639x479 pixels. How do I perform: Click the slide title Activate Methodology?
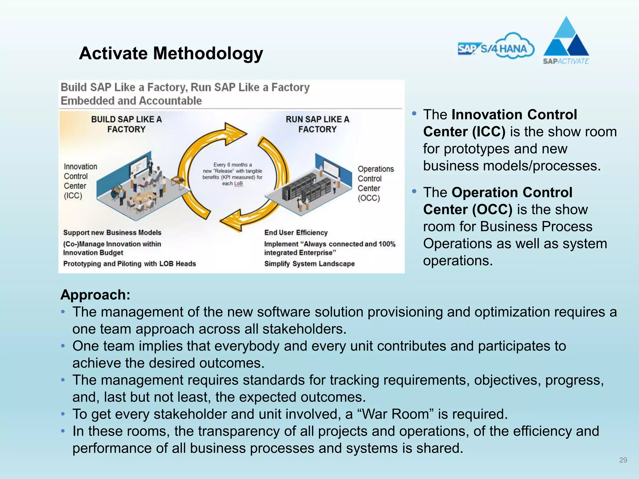pyautogui.click(x=171, y=53)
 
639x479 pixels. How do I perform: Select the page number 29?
pyautogui.click(x=623, y=460)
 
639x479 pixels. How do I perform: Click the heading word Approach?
pyautogui.click(x=95, y=295)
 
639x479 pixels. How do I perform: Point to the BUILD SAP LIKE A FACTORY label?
pyautogui.click(x=126, y=124)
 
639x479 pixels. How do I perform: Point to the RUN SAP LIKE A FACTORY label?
pyautogui.click(x=317, y=124)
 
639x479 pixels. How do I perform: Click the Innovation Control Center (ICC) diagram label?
pyautogui.click(x=80, y=181)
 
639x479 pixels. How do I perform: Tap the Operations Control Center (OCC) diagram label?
pyautogui.click(x=375, y=183)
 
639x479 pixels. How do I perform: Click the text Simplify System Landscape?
pyautogui.click(x=309, y=264)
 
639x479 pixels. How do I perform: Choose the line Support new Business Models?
pyautogui.click(x=112, y=233)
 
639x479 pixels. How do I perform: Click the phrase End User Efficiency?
pyautogui.click(x=296, y=233)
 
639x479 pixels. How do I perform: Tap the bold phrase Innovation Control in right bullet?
pyautogui.click(x=514, y=115)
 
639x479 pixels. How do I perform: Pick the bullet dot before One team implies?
pyautogui.click(x=63, y=346)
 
